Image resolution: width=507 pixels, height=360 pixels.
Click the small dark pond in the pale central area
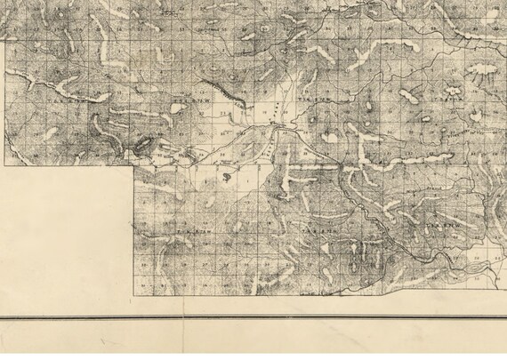229,176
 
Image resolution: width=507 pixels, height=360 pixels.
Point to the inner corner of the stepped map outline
135,166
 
